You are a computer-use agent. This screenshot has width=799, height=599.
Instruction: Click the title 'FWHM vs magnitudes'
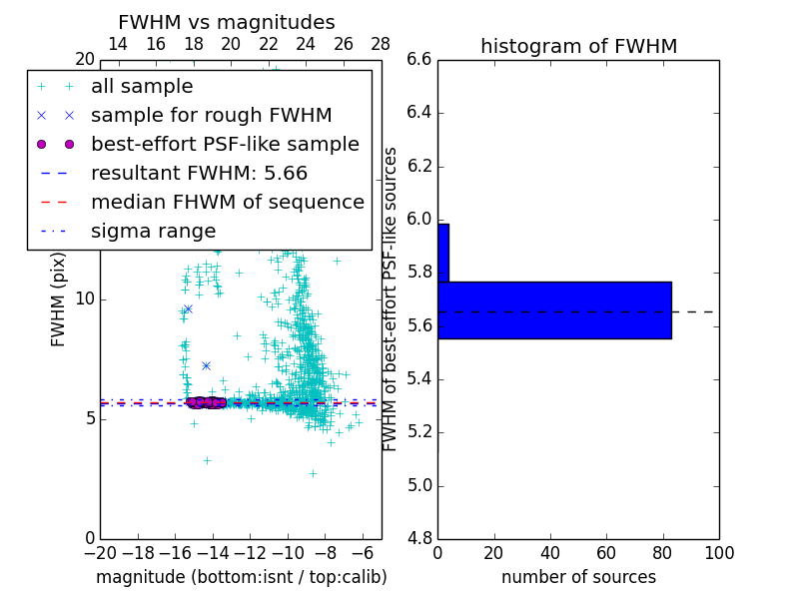click(x=226, y=22)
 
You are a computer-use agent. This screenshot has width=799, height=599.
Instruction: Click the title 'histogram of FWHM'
click(x=578, y=46)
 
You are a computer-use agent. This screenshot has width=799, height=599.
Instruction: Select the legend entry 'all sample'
click(x=142, y=87)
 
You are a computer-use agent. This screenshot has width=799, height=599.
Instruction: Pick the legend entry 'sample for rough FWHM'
click(x=211, y=116)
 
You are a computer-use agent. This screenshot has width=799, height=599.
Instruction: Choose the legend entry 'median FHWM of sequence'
click(x=227, y=202)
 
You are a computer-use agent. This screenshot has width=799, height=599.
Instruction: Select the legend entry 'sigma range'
click(x=153, y=231)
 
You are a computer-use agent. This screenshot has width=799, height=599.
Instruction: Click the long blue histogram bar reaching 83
click(x=554, y=310)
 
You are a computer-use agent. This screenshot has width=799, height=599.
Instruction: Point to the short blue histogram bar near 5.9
click(x=443, y=253)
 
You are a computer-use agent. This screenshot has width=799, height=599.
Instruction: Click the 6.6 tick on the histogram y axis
click(x=419, y=60)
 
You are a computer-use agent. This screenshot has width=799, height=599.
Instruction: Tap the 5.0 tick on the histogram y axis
click(x=419, y=486)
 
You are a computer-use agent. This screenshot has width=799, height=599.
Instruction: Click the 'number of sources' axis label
click(x=578, y=577)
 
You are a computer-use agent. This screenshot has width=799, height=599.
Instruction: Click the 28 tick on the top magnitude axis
click(x=381, y=44)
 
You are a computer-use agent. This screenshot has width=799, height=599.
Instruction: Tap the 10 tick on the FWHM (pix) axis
click(x=85, y=299)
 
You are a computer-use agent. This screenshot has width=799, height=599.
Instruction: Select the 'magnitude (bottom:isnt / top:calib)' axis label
click(x=241, y=577)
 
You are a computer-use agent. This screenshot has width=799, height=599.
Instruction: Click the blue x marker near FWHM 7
click(x=206, y=365)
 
